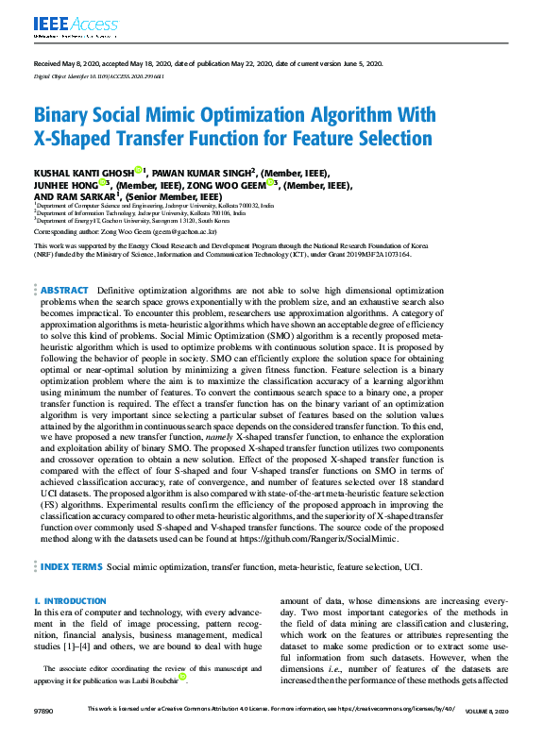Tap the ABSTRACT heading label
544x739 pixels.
[64, 291]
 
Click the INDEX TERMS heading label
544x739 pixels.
[71, 567]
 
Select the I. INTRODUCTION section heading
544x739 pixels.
[70, 601]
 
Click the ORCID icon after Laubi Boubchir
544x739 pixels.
[182, 677]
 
